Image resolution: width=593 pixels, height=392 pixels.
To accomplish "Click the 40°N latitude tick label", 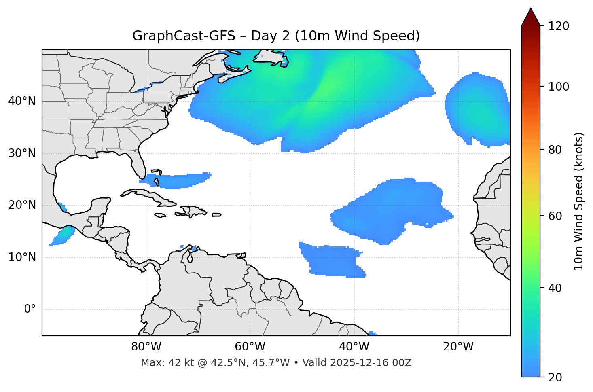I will (22, 101).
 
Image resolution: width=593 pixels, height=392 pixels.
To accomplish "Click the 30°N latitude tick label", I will (22, 153).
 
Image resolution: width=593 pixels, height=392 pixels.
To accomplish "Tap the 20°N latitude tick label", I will (22, 205).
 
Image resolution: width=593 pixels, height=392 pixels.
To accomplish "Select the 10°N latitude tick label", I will (22, 257).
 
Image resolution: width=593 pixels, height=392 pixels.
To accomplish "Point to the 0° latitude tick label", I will (30, 309).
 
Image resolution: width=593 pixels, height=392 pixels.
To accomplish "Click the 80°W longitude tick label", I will (146, 347).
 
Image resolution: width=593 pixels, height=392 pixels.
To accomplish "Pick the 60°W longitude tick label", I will (250, 347).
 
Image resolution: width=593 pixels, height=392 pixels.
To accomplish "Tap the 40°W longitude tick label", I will (354, 347).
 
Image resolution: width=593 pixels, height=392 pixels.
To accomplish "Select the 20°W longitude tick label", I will (458, 347).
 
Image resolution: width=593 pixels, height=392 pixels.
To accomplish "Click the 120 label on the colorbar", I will (559, 26).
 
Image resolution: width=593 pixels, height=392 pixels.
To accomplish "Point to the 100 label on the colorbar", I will (559, 87).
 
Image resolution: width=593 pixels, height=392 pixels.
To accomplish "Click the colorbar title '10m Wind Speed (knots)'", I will (579, 201).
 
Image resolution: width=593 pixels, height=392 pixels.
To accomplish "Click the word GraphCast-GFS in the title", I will (184, 36).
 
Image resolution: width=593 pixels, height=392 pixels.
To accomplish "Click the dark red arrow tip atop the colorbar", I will (531, 16).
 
